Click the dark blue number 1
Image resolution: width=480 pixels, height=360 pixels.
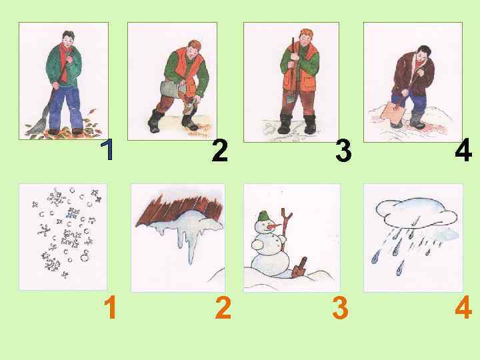(107, 149)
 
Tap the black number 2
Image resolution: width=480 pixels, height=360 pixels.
(220, 150)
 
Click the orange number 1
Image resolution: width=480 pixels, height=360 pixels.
(110, 307)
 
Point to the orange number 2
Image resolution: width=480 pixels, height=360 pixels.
(223, 307)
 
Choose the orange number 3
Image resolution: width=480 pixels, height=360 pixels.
(340, 307)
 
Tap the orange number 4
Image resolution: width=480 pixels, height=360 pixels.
(463, 307)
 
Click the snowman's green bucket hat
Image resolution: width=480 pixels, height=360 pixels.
(263, 216)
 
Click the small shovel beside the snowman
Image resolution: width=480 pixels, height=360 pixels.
(299, 268)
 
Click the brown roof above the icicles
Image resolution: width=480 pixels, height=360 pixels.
(179, 210)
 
